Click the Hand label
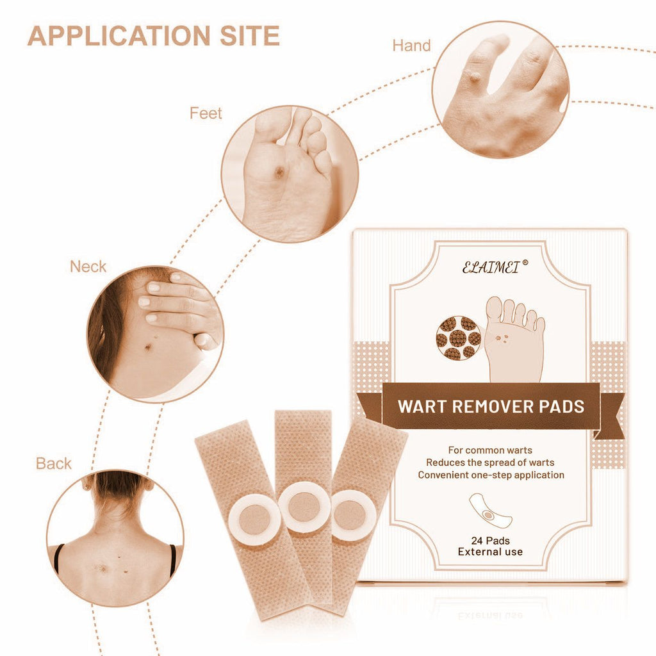click(411, 45)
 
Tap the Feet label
click(206, 113)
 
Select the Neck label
click(88, 266)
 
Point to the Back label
click(54, 464)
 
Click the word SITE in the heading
click(250, 36)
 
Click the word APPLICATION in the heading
click(119, 36)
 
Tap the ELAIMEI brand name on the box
click(491, 267)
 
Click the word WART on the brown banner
click(422, 407)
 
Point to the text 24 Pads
click(490, 541)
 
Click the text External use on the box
click(490, 552)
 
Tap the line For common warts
click(490, 450)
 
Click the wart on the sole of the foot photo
click(279, 171)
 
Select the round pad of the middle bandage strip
click(304, 507)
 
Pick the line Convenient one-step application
click(491, 475)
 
